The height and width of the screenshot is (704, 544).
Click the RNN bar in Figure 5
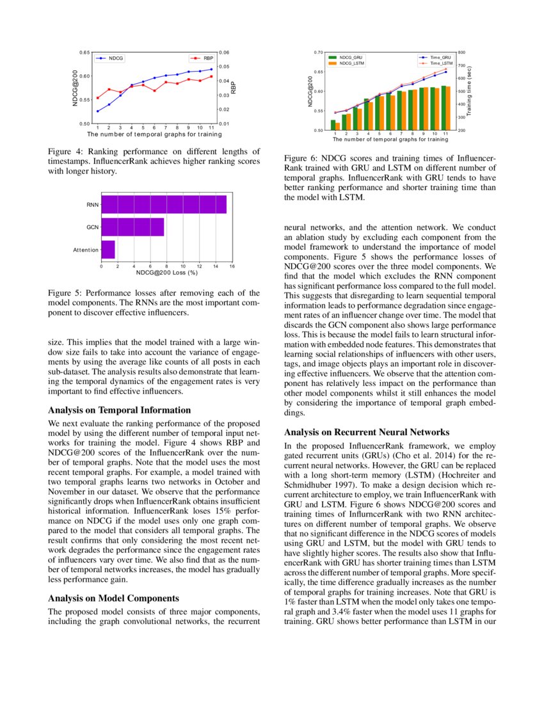[x=164, y=204]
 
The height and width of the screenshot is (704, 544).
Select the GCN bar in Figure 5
[x=132, y=227]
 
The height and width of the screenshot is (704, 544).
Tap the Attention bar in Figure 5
[x=108, y=250]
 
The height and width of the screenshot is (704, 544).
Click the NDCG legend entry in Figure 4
[x=115, y=58]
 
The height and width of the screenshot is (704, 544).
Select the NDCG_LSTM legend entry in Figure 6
[x=351, y=63]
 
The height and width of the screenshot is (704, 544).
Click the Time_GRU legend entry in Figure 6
[x=440, y=58]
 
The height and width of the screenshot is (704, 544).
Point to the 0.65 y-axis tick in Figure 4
[x=84, y=52]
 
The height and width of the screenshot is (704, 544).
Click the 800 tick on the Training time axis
[x=461, y=52]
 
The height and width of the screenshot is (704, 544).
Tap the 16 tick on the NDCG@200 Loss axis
[x=232, y=266]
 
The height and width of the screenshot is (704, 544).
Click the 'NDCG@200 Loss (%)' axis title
[x=166, y=273]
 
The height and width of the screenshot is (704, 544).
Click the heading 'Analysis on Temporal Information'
[x=120, y=410]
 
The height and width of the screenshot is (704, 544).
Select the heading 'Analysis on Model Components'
[x=115, y=599]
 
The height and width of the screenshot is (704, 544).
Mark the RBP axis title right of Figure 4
[x=234, y=87]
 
